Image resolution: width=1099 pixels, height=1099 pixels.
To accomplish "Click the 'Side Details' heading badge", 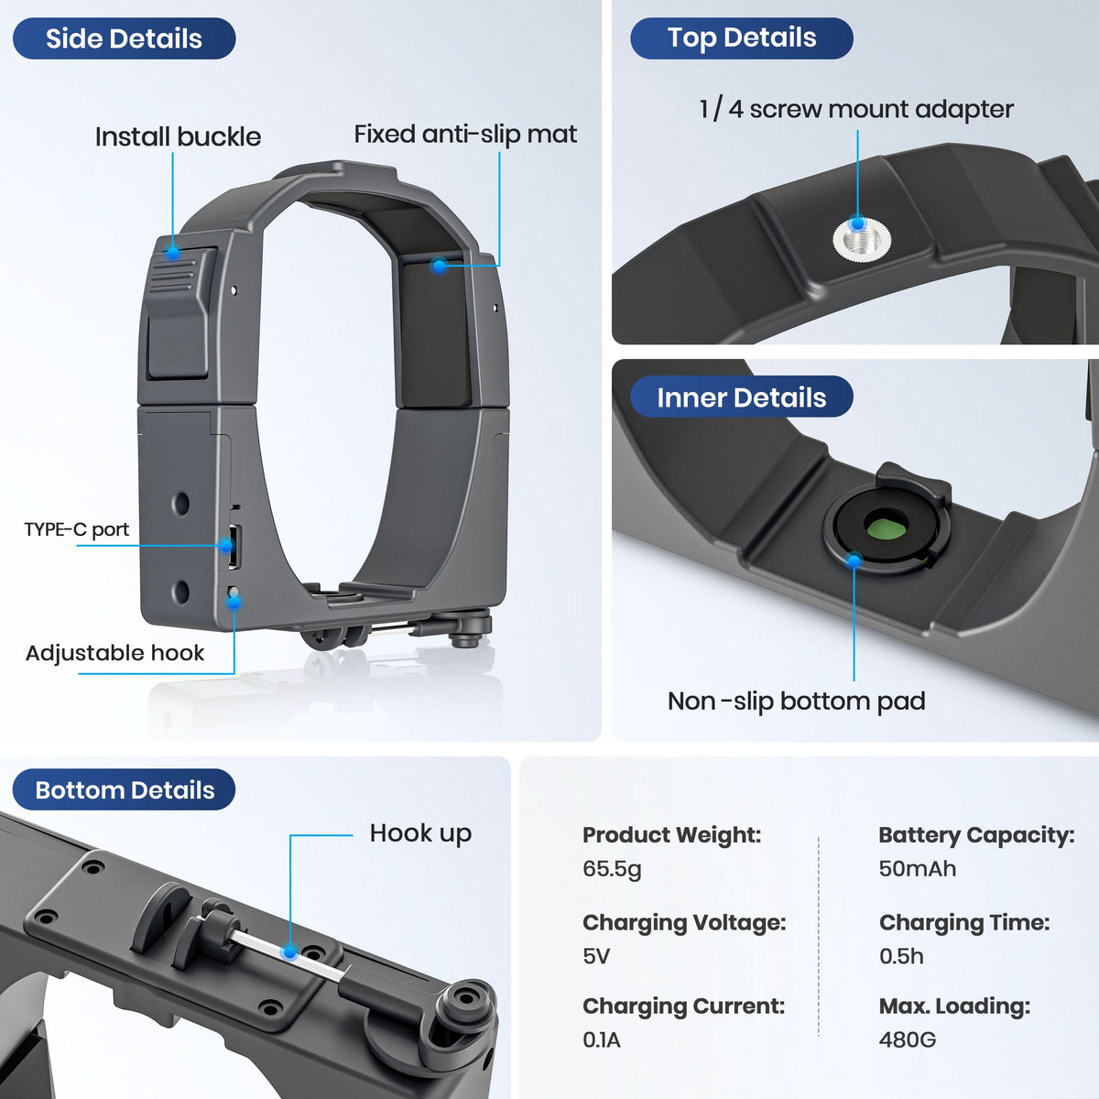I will point(124,38).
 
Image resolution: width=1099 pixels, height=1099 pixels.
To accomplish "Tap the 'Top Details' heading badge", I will point(741,38).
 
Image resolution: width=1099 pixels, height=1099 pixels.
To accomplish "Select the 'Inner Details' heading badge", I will point(741,397).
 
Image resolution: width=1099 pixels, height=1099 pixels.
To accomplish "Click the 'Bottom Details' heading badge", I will point(125,790).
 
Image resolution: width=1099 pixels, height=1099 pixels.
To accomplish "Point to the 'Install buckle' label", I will point(178,136).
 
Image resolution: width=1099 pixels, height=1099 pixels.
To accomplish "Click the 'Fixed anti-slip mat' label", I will point(465,134).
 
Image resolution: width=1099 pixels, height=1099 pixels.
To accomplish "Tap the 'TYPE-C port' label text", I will point(77,529).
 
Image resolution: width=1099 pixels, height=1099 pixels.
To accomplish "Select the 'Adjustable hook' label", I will point(114,653).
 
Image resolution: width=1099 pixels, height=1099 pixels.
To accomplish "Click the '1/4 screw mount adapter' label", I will point(856,109).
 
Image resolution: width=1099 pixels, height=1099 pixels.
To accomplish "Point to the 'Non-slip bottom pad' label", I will point(796,701).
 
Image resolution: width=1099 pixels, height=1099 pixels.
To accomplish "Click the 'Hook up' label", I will point(420,833).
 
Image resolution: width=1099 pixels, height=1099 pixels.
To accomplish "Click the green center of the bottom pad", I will point(886,528).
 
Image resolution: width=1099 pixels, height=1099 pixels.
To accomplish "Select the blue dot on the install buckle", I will point(172,249).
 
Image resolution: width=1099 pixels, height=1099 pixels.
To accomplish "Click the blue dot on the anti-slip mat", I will point(440,266).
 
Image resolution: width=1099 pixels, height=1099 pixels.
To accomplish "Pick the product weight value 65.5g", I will point(612,868).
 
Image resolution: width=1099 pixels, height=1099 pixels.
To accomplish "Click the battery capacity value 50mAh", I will point(917,868).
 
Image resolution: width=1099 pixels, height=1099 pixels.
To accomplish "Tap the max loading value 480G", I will point(907,1039).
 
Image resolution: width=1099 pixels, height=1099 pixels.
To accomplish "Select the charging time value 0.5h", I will point(901,956).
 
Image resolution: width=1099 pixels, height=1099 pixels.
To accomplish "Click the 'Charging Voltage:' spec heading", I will point(684,922).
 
